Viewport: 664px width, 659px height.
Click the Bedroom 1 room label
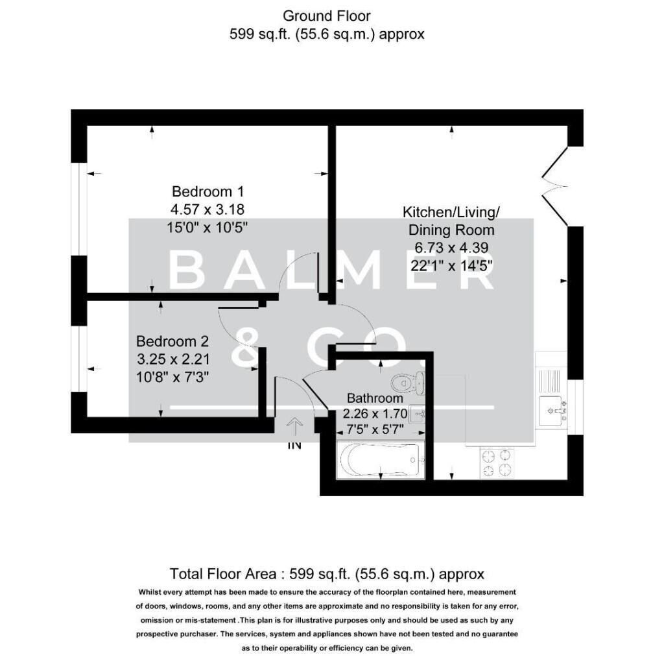[208, 191]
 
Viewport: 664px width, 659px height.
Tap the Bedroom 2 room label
[172, 341]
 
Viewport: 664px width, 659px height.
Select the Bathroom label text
[375, 398]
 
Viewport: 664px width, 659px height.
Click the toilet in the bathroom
[407, 383]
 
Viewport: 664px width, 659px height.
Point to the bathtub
[380, 460]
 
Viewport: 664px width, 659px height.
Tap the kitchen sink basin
[552, 411]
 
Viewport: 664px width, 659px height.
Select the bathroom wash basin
[417, 414]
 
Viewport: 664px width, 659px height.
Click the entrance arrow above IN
[295, 427]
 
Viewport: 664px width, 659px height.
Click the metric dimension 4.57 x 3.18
[207, 210]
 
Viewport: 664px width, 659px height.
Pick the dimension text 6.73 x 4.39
[451, 247]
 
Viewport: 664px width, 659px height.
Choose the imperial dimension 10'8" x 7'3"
[172, 376]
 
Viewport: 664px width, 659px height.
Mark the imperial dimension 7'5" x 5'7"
[375, 429]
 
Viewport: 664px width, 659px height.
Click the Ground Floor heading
[327, 16]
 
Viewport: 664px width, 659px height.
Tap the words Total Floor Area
[223, 574]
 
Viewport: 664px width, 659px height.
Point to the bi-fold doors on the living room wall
[555, 186]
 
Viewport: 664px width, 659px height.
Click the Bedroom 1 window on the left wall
[78, 210]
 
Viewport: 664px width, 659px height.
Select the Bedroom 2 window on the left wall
[78, 359]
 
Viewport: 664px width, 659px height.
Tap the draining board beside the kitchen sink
[549, 380]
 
